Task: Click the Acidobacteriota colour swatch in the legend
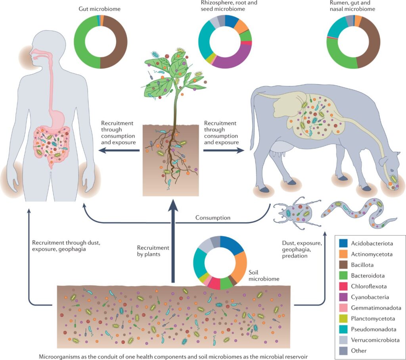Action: (x=343, y=243)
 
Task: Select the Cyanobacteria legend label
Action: (x=370, y=297)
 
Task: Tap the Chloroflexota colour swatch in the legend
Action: (x=343, y=286)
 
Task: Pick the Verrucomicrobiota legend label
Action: (x=375, y=340)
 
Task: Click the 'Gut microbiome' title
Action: (x=100, y=9)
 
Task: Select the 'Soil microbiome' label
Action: (x=264, y=275)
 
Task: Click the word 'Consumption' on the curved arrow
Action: (x=213, y=218)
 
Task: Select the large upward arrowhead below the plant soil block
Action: (x=173, y=208)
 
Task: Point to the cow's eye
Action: (x=392, y=171)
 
